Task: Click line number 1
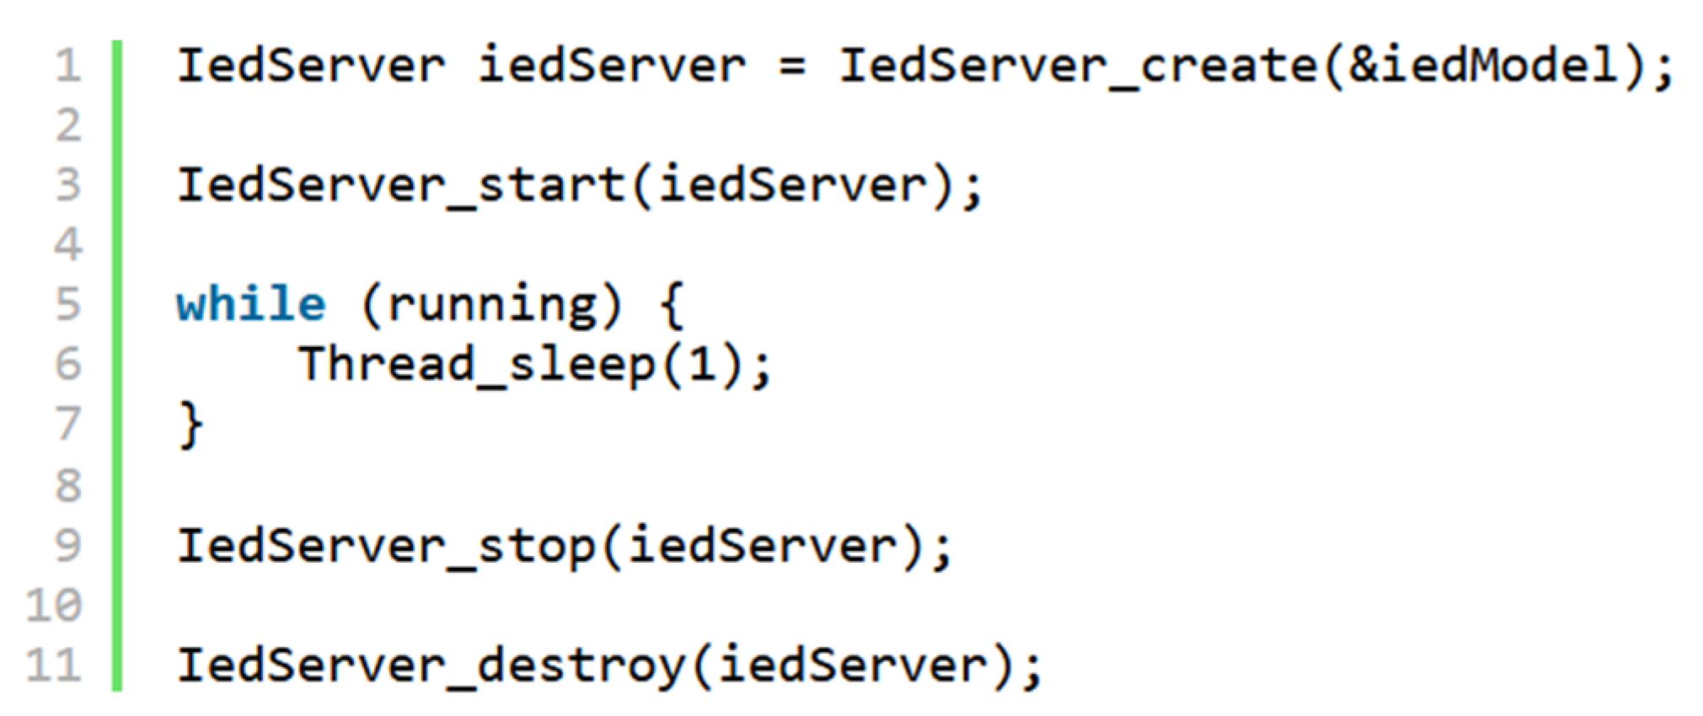[x=68, y=67]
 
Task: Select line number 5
[x=68, y=304]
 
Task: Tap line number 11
[x=55, y=665]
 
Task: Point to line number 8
[x=68, y=485]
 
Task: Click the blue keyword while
[x=250, y=304]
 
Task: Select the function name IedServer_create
[x=1078, y=67]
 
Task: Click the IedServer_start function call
[x=400, y=185]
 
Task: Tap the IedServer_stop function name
[x=385, y=546]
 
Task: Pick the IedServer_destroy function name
[x=431, y=665]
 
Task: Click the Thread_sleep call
[x=476, y=364]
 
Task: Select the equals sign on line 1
[x=791, y=67]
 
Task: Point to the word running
[x=491, y=304]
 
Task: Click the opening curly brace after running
[x=671, y=304]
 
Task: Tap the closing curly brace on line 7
[x=190, y=425]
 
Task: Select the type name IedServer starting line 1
[x=310, y=67]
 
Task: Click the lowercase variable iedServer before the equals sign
[x=611, y=67]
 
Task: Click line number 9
[x=68, y=546]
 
